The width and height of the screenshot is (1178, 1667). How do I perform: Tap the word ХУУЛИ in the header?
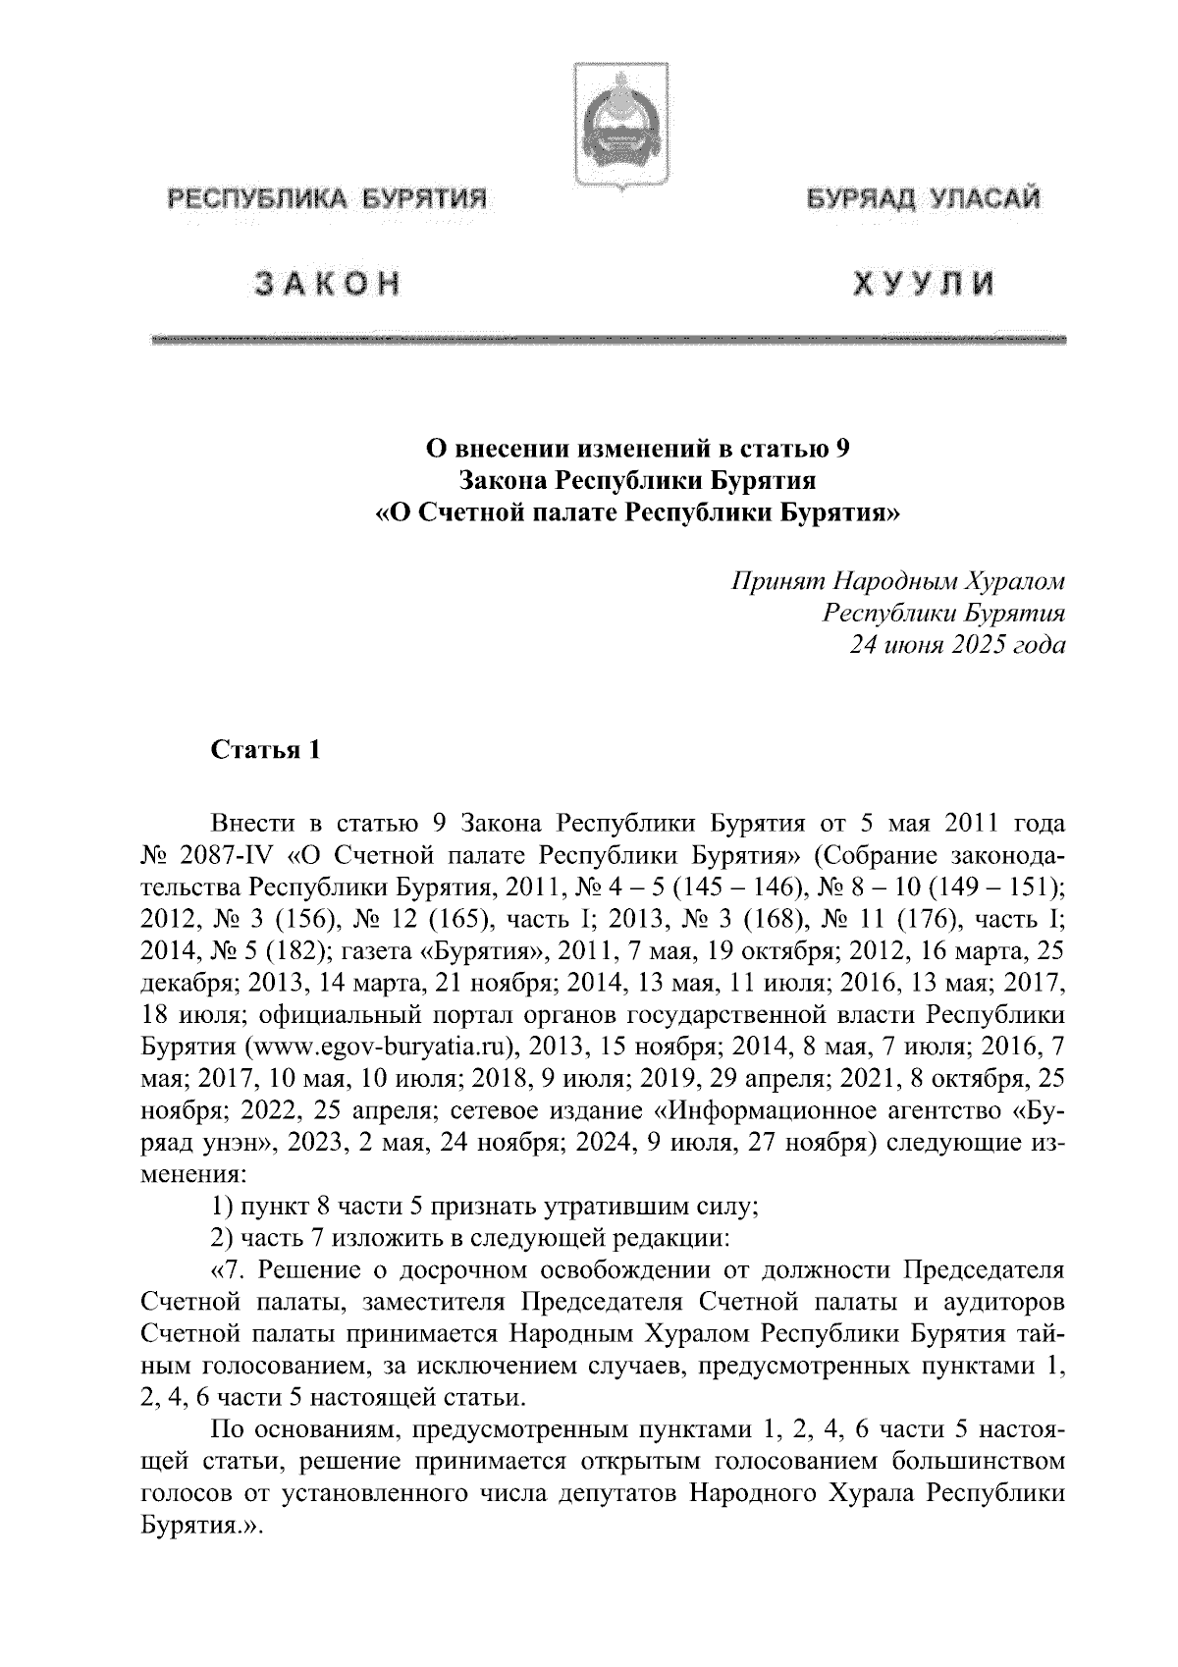[923, 284]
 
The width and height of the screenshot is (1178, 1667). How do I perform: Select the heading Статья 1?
[266, 751]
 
